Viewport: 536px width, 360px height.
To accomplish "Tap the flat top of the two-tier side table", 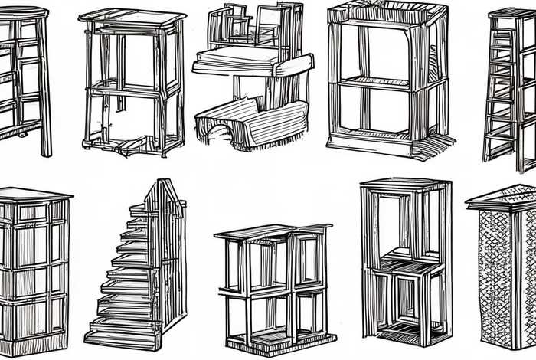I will tap(131, 17).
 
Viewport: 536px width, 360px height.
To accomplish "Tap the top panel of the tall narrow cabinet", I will tap(404, 184).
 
